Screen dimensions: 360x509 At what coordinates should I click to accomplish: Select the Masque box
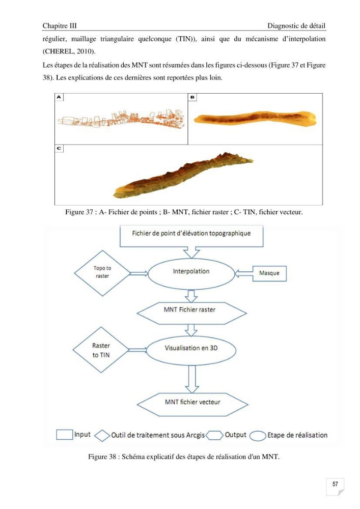(269, 273)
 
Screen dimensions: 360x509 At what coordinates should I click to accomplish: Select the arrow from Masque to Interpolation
(243, 274)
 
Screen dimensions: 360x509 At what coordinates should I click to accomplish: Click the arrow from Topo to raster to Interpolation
(139, 274)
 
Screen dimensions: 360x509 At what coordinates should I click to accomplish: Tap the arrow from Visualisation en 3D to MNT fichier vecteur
(191, 379)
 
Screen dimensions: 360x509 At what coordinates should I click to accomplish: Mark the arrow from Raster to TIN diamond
(137, 350)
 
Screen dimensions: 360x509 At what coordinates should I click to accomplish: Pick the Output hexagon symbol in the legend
(214, 435)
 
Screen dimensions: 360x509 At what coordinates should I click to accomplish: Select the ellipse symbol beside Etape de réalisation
(258, 436)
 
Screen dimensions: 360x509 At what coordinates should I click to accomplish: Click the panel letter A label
(59, 97)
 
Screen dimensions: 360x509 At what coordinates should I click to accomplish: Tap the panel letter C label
(59, 148)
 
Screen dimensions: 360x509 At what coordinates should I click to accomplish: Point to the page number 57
(336, 484)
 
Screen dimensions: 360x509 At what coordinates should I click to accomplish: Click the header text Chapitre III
(60, 25)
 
